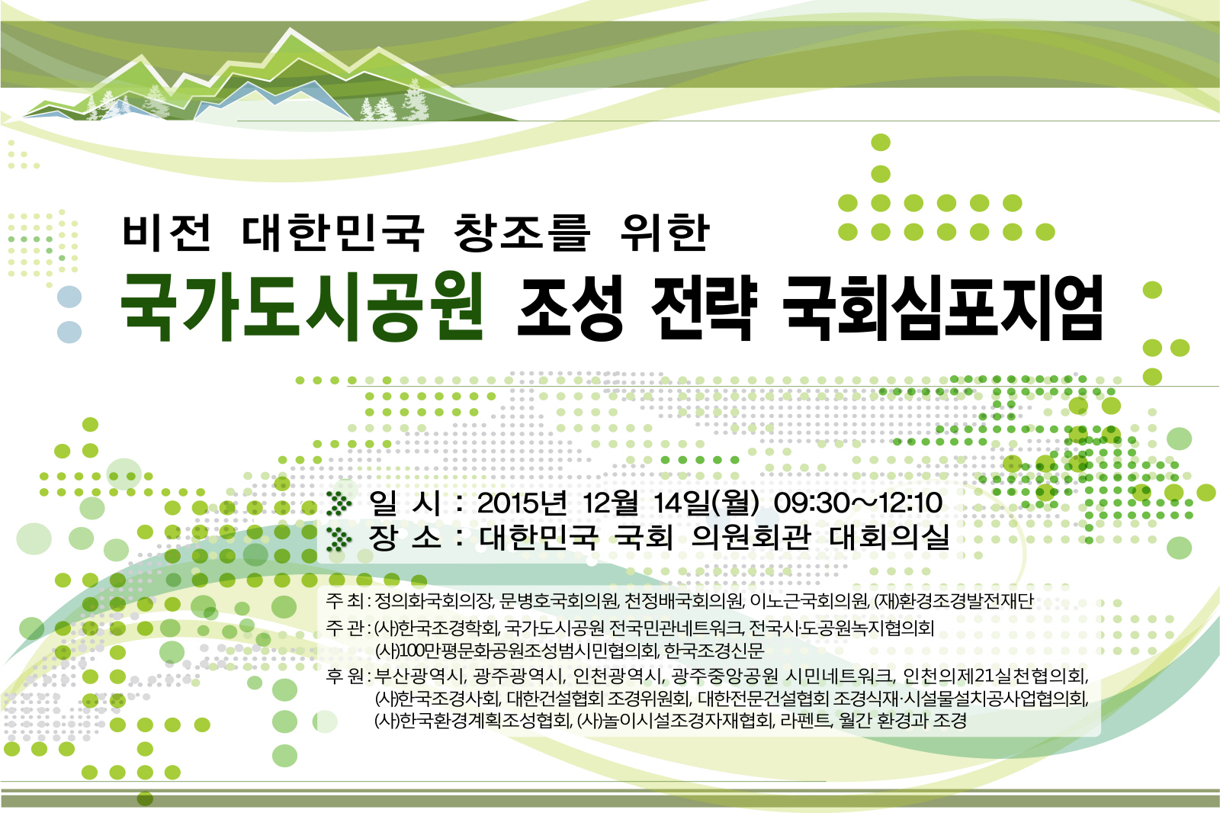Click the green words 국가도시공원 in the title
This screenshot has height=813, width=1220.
(x=301, y=307)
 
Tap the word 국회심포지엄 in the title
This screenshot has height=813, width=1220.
(x=942, y=307)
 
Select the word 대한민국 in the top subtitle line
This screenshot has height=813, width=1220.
(x=332, y=233)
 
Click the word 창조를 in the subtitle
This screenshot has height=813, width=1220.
(x=522, y=233)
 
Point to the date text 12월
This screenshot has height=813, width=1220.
(x=610, y=503)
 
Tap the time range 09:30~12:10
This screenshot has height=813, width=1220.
(x=858, y=503)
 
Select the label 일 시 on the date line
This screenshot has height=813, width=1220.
(x=405, y=503)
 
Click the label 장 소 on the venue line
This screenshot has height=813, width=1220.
(x=405, y=537)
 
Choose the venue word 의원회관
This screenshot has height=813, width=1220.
(x=751, y=537)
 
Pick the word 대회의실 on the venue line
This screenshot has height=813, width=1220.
(x=889, y=537)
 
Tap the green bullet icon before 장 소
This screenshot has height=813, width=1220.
(x=339, y=538)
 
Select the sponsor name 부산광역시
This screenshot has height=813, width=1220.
(x=420, y=676)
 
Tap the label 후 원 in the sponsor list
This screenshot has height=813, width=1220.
(x=345, y=676)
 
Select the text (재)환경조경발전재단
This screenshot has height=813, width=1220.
(x=954, y=601)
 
